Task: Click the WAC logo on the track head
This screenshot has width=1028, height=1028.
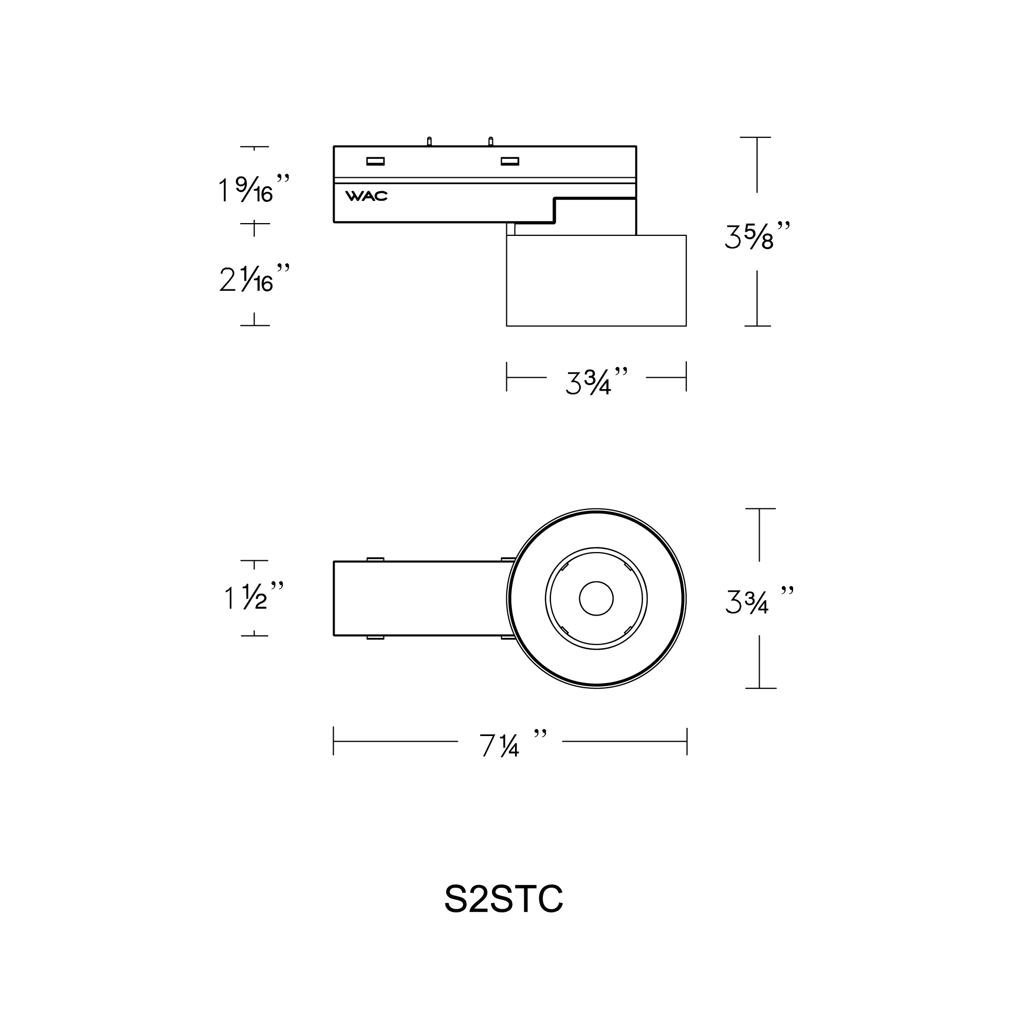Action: (366, 196)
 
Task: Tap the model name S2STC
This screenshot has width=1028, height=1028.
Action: (503, 899)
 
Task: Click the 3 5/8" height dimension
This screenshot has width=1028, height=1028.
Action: (756, 235)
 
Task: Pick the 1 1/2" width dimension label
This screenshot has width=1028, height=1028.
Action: (253, 596)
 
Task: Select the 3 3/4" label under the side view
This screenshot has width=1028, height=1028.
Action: (596, 381)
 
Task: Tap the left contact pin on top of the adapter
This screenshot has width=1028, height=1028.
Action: (429, 141)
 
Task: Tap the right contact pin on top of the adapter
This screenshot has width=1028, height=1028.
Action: (490, 141)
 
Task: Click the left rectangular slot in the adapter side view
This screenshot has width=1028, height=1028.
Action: (375, 161)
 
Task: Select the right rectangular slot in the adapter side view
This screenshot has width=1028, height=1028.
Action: (510, 161)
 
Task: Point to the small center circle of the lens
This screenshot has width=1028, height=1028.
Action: (596, 598)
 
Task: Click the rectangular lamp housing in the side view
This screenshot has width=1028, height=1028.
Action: (596, 281)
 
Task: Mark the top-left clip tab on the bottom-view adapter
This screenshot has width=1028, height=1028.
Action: (375, 559)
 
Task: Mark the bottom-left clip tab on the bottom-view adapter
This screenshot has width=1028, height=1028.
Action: (375, 637)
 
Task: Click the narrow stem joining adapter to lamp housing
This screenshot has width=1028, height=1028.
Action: (511, 229)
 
